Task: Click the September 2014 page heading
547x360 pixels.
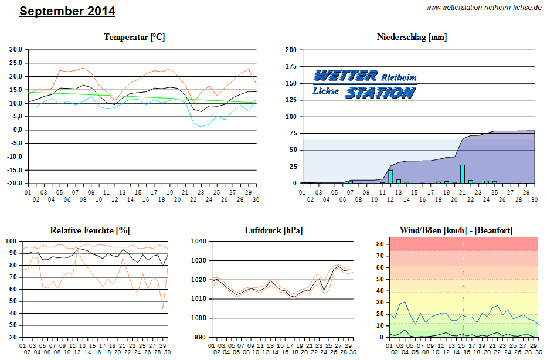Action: [67, 11]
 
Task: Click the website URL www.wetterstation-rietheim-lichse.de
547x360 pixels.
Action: [484, 8]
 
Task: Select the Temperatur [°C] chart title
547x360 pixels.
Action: [134, 37]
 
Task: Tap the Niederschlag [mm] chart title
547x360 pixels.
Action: [412, 37]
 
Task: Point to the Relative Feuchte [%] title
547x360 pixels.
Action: [89, 230]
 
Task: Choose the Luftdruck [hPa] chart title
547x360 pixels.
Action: [274, 230]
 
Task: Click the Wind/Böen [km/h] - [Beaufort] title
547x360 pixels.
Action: [456, 230]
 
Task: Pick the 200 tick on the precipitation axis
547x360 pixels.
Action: [291, 50]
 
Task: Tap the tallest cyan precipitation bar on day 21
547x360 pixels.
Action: [463, 174]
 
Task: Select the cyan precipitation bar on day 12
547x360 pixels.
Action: [390, 176]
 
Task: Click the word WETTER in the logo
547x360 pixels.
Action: [346, 76]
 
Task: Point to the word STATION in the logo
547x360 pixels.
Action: [380, 93]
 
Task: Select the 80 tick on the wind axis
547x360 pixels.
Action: [380, 244]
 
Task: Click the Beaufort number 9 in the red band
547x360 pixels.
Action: [463, 244]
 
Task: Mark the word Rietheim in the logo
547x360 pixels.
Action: [399, 77]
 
